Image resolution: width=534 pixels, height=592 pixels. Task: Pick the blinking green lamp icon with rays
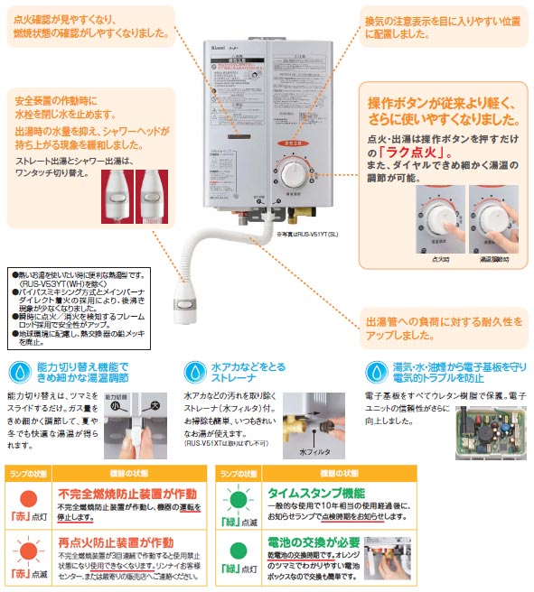pyautogui.click(x=239, y=499)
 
